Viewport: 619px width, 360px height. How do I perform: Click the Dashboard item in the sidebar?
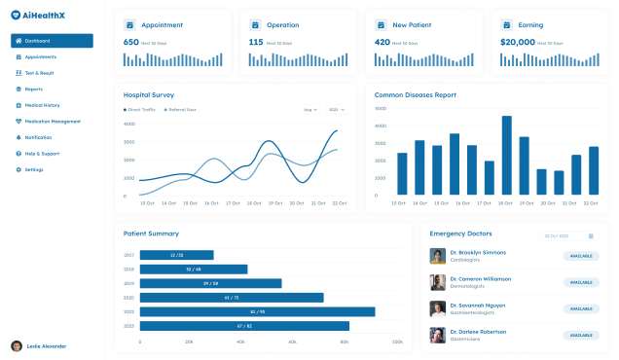(x=52, y=41)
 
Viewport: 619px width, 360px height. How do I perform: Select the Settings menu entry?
(x=34, y=169)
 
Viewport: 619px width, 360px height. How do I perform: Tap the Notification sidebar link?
(x=38, y=137)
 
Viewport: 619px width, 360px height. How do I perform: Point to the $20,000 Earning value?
(x=518, y=42)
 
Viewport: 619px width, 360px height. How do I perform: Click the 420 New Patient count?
(x=382, y=42)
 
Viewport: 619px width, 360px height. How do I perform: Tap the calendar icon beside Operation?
(x=255, y=24)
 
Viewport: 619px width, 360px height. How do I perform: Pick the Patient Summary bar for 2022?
(x=257, y=311)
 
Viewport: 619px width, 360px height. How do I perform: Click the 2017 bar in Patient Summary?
(x=176, y=255)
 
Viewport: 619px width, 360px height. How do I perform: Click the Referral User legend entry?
(x=179, y=110)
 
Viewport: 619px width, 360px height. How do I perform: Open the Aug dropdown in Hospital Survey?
(x=310, y=110)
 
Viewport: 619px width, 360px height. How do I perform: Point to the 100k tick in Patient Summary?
(x=396, y=342)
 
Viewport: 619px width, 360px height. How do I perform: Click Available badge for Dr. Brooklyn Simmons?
(x=580, y=256)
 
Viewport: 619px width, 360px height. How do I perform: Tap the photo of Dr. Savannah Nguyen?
(x=438, y=308)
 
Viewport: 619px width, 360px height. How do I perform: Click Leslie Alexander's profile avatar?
(x=17, y=345)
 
